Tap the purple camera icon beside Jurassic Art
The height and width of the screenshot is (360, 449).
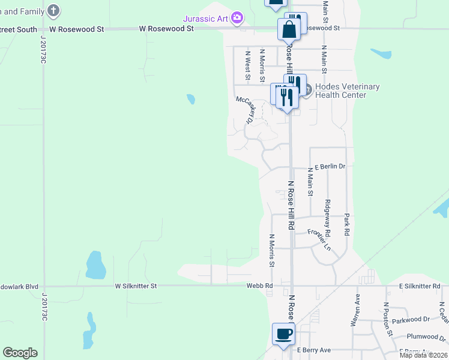[x=237, y=18]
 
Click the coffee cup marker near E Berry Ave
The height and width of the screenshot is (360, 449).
[x=283, y=334]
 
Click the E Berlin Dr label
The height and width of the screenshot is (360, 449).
[x=330, y=166]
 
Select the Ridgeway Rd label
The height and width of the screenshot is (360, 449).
[x=327, y=217]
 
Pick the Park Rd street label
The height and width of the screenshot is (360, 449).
[x=347, y=222]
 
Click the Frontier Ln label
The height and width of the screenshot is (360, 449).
[x=319, y=239]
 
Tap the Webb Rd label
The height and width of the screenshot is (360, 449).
[x=260, y=286]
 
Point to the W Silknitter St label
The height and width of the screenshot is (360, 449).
[x=136, y=286]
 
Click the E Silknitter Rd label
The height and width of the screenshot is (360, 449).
[x=419, y=286]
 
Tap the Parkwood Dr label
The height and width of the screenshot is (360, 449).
[x=411, y=320]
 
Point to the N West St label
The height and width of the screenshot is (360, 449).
[x=247, y=65]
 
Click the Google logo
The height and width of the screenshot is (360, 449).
[x=20, y=353]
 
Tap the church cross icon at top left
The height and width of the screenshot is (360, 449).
[x=53, y=10]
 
